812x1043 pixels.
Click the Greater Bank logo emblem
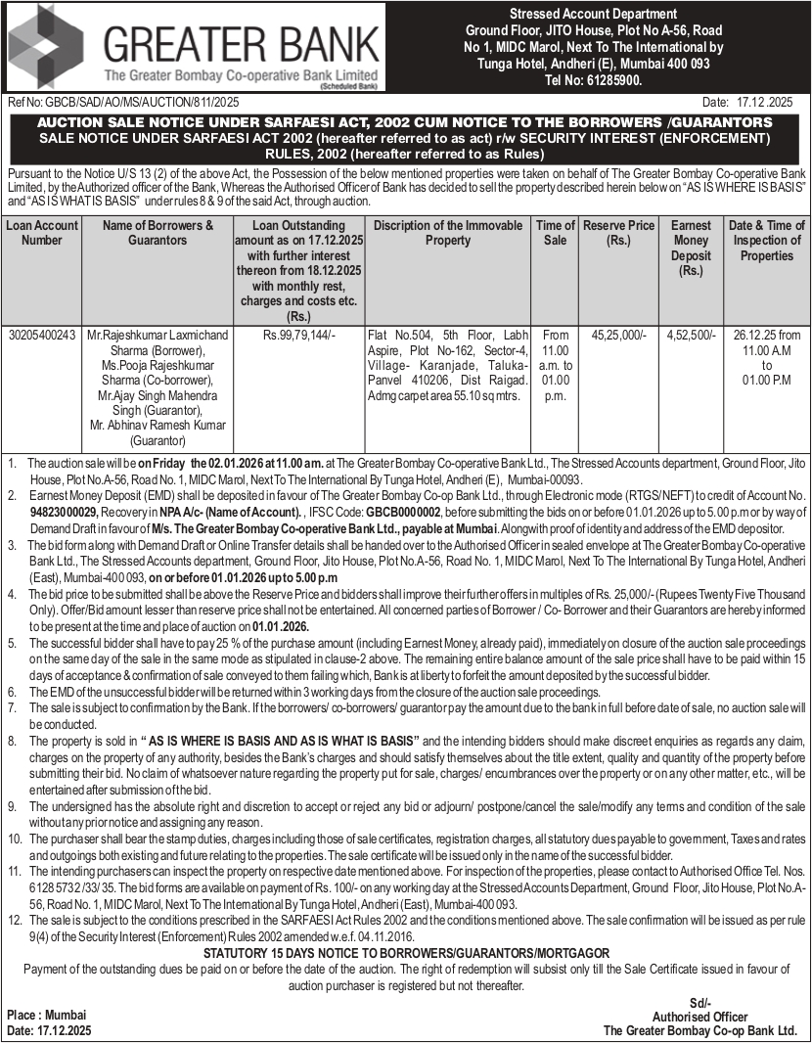[48, 46]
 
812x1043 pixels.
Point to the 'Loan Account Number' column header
[41, 232]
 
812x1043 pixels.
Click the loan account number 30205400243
[41, 335]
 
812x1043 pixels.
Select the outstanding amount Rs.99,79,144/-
[298, 335]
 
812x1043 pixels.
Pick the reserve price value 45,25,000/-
[618, 335]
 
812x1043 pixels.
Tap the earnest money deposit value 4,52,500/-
[691, 335]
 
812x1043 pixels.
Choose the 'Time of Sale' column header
[555, 232]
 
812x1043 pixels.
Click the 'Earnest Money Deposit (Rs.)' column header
[691, 248]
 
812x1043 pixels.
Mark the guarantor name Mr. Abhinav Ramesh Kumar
[157, 427]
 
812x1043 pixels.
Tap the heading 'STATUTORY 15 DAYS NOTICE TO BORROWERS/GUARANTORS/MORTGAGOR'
[406, 953]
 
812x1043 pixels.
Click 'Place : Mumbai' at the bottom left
[46, 1014]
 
